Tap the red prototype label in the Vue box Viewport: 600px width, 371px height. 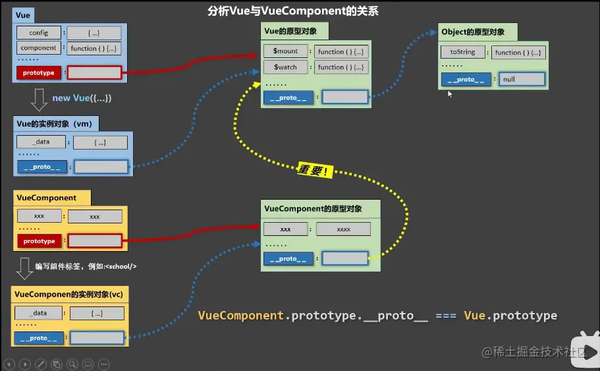click(39, 72)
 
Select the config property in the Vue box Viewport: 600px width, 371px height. click(39, 33)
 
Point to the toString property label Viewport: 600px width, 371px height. click(462, 52)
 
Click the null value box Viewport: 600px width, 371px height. click(522, 80)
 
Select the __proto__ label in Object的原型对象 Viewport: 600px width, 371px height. click(466, 80)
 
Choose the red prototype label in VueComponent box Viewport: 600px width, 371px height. click(39, 241)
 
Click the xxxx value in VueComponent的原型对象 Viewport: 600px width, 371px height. click(343, 229)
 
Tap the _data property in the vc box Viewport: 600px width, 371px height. click(40, 314)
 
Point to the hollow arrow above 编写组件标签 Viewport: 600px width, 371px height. click(25, 267)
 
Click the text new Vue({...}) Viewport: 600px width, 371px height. click(82, 98)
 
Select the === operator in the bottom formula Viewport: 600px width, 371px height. click(446, 316)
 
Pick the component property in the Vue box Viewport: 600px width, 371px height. click(39, 48)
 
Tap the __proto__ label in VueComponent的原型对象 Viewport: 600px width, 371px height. click(288, 259)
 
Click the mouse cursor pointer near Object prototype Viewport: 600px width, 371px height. click(450, 94)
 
